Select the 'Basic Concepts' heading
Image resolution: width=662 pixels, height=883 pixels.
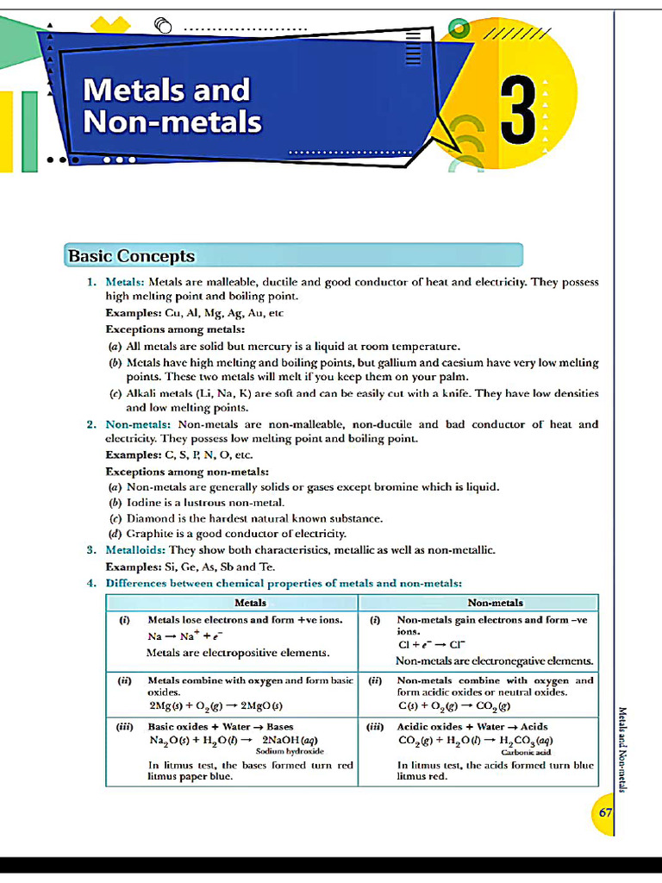tap(132, 256)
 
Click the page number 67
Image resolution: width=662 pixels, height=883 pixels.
tap(605, 813)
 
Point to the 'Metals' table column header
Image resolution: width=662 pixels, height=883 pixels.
tap(250, 603)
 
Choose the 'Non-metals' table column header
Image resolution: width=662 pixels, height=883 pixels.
tap(495, 603)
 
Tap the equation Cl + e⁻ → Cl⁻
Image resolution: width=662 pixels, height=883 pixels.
tap(432, 644)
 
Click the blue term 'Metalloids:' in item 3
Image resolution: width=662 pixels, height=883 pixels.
tap(135, 549)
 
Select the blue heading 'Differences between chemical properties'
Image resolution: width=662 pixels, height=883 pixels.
tap(284, 582)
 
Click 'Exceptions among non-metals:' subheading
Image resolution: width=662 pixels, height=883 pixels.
tap(187, 472)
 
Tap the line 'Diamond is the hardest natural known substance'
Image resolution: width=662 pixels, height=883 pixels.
tap(254, 518)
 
